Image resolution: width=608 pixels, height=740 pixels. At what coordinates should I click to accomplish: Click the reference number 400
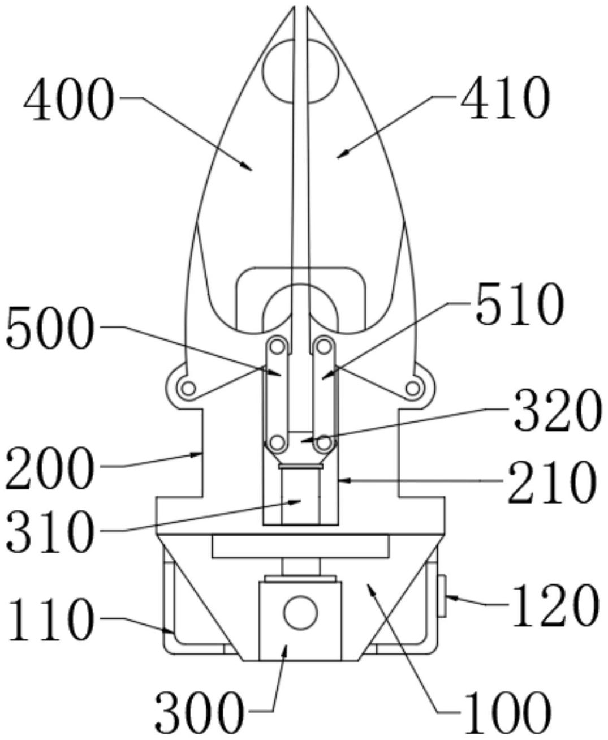pyautogui.click(x=69, y=99)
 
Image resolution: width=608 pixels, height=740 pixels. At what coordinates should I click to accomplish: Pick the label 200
pyautogui.click(x=50, y=468)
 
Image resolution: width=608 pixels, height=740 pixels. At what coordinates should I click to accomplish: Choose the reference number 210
pyautogui.click(x=551, y=482)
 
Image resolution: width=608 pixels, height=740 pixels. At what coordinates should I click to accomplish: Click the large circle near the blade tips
pyautogui.click(x=300, y=71)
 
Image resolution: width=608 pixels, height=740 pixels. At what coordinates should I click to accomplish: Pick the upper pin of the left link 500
pyautogui.click(x=277, y=347)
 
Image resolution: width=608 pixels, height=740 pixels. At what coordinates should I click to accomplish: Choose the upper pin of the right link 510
pyautogui.click(x=324, y=347)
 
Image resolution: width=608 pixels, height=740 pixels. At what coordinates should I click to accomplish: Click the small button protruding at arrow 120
pyautogui.click(x=442, y=595)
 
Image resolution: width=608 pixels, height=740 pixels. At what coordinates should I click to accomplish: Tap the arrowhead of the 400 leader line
pyautogui.click(x=248, y=167)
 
